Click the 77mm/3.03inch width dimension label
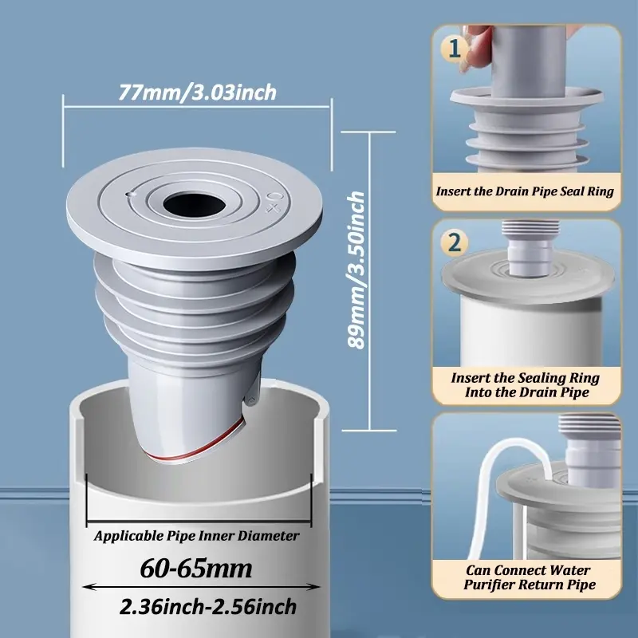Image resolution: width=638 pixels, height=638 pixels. pyautogui.click(x=197, y=93)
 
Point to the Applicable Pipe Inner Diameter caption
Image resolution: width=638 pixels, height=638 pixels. pyautogui.click(x=196, y=536)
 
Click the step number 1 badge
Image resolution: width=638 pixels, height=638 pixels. pyautogui.click(x=454, y=49)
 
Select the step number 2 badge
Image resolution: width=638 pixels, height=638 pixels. pyautogui.click(x=454, y=242)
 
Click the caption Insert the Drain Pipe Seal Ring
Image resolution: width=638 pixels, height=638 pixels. pyautogui.click(x=526, y=191)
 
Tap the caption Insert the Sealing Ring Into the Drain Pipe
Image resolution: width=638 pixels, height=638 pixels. pyautogui.click(x=526, y=384)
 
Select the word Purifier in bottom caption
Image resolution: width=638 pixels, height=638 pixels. pyautogui.click(x=496, y=585)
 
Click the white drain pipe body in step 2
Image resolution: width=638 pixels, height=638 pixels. pyautogui.click(x=526, y=335)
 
